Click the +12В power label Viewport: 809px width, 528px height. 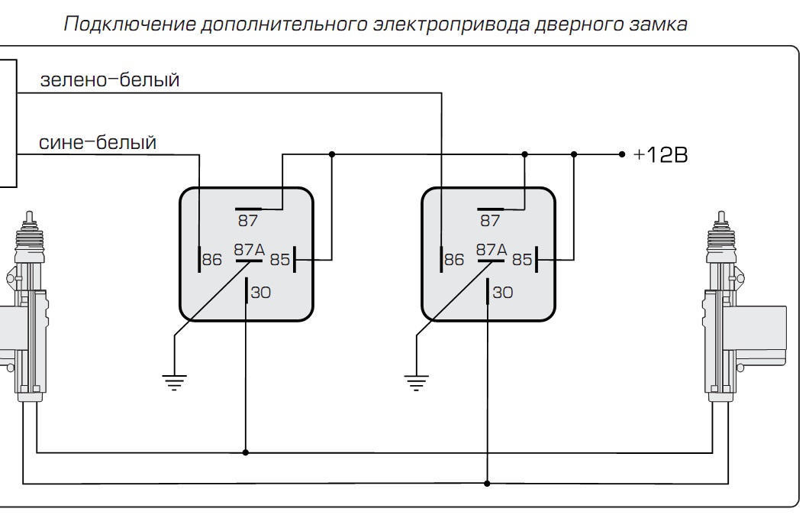click(x=661, y=155)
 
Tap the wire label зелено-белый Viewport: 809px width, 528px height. click(x=109, y=79)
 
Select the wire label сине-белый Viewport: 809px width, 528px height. click(x=98, y=142)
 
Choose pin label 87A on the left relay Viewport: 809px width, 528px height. click(x=249, y=249)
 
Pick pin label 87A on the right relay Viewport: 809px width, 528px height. click(x=491, y=249)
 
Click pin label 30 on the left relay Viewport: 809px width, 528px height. click(x=260, y=292)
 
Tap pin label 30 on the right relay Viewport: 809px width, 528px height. click(x=502, y=292)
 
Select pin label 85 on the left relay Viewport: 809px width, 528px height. click(x=280, y=260)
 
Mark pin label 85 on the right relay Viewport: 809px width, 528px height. click(x=522, y=260)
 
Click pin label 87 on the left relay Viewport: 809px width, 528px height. click(x=248, y=221)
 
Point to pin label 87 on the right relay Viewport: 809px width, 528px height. click(x=490, y=221)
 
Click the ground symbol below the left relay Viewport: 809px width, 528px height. click(x=175, y=380)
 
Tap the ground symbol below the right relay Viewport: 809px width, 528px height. click(x=416, y=380)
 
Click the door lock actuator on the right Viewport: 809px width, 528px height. click(x=736, y=313)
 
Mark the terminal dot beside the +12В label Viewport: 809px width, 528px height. click(x=622, y=154)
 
